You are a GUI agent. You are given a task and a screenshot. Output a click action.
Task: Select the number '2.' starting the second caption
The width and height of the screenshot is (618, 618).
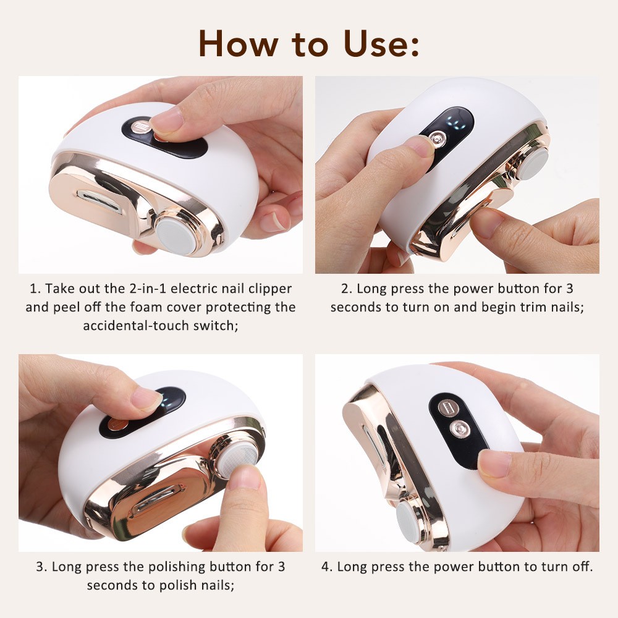click(347, 289)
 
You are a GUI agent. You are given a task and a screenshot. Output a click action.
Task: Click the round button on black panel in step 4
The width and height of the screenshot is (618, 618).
click(458, 428)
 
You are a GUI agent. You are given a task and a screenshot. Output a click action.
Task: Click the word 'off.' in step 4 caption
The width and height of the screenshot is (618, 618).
click(578, 567)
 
